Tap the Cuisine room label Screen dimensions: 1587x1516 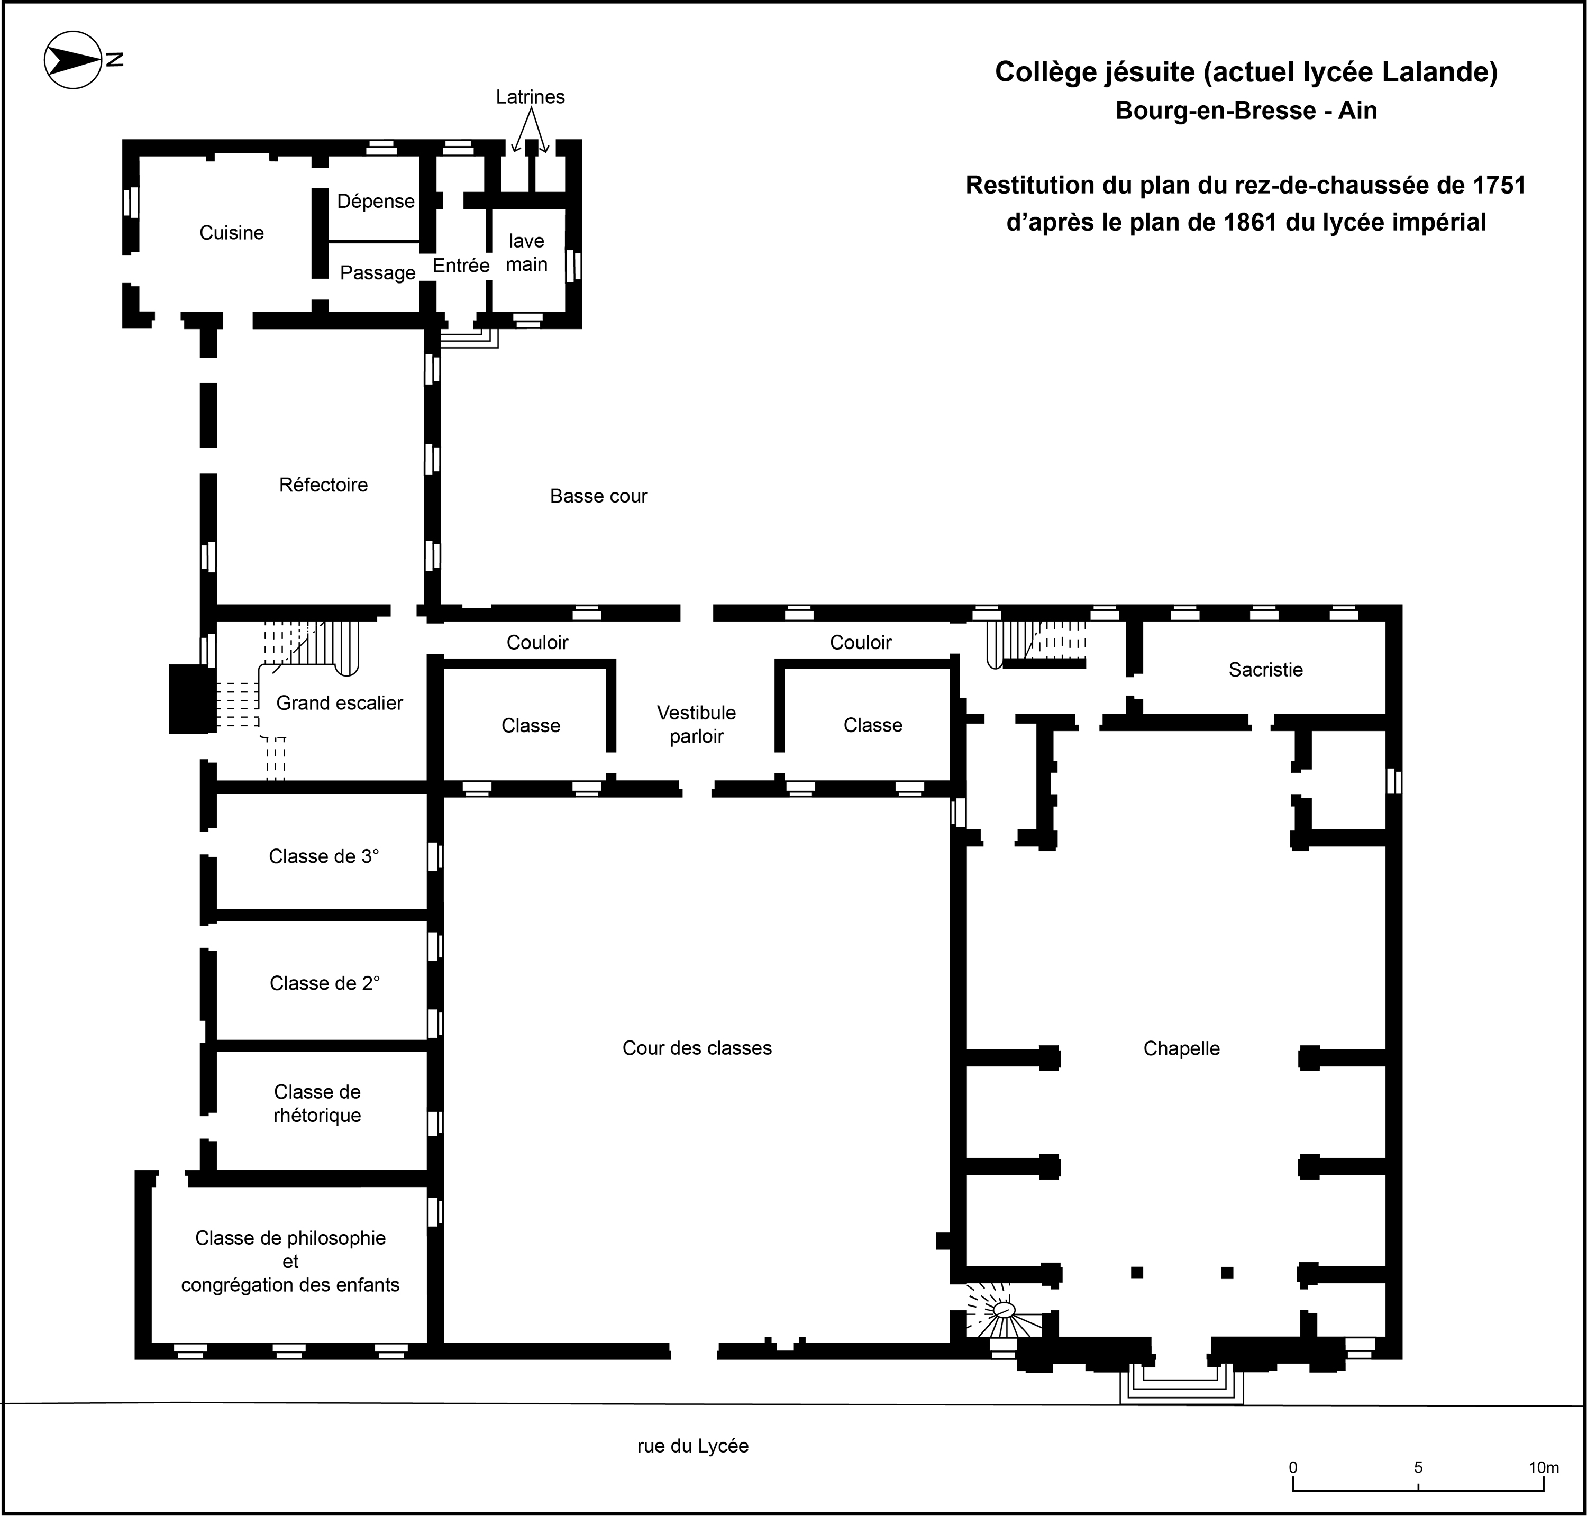(x=231, y=233)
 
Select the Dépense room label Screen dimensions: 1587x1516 (x=376, y=201)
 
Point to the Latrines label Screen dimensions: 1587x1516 (x=530, y=97)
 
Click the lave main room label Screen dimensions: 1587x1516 (x=527, y=253)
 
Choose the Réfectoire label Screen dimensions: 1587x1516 (x=323, y=485)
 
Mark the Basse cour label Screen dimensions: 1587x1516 (x=599, y=496)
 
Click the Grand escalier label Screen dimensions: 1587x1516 (x=340, y=703)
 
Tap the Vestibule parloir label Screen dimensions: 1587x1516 (x=697, y=724)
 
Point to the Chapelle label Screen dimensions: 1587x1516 (x=1181, y=1048)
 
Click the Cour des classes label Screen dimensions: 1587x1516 (x=697, y=1048)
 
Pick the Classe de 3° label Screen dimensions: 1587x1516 (x=324, y=856)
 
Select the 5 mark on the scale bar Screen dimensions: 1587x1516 (x=1418, y=1467)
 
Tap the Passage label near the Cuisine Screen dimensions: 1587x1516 (x=377, y=273)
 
